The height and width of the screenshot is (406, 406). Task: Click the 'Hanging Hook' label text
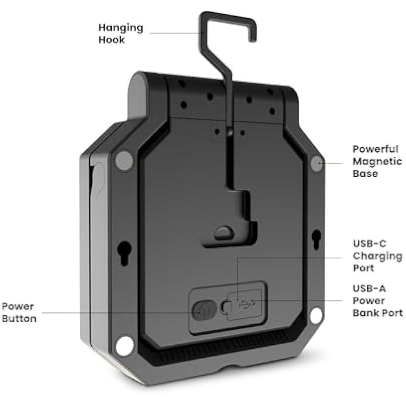click(x=121, y=34)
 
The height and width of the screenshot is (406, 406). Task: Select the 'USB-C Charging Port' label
click(x=377, y=256)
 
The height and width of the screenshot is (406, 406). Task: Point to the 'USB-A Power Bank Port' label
click(x=377, y=301)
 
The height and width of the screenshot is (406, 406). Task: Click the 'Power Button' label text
click(x=19, y=312)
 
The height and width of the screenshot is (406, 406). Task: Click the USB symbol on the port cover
click(x=245, y=302)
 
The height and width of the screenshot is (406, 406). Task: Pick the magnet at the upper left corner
click(x=124, y=161)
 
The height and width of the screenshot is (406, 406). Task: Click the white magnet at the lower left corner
click(x=125, y=346)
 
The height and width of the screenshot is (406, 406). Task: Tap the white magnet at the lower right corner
click(x=316, y=315)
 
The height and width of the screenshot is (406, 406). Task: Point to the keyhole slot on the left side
click(x=125, y=252)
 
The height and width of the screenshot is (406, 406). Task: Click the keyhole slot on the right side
click(x=316, y=239)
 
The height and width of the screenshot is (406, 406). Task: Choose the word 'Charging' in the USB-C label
click(x=377, y=256)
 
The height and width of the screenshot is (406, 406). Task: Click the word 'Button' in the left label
click(x=19, y=318)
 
